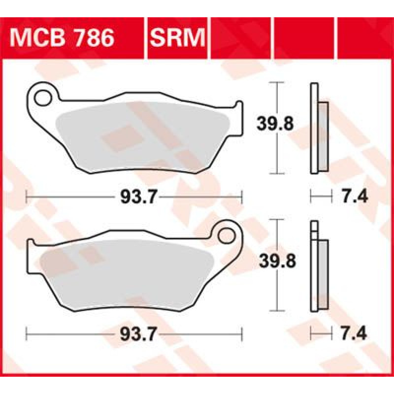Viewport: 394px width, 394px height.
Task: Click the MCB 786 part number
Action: click(62, 38)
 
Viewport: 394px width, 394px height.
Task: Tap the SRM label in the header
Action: click(177, 38)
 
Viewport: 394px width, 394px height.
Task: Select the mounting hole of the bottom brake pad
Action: click(226, 235)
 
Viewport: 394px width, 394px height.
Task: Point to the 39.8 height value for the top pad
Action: click(275, 124)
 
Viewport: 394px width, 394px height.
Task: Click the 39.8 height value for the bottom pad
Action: click(278, 261)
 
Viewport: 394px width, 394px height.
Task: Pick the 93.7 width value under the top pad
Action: click(139, 197)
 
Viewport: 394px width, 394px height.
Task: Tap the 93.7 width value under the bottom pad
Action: click(138, 334)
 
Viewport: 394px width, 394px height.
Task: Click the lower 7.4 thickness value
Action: click(354, 334)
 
